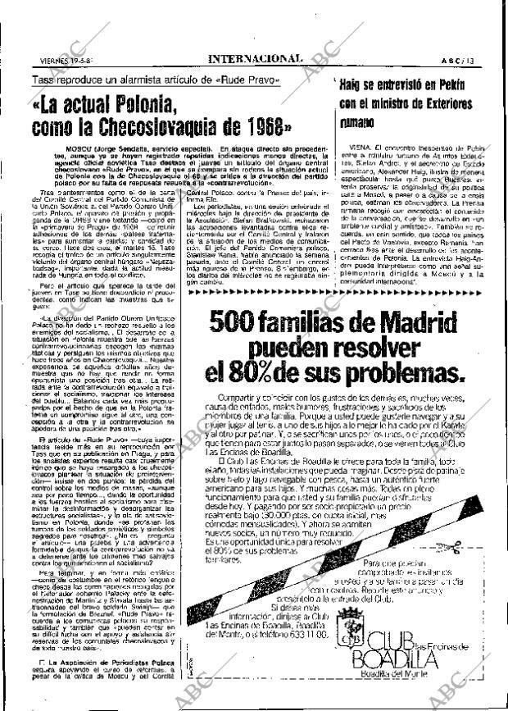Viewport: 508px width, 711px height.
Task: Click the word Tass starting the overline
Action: (43, 79)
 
